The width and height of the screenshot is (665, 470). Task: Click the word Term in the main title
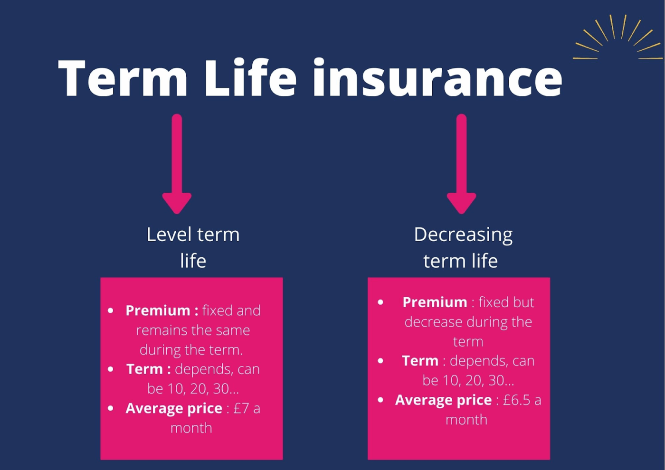(123, 78)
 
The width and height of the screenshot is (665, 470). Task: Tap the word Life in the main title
(250, 76)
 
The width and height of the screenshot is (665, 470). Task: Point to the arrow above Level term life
(177, 164)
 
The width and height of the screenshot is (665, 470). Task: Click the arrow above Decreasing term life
(461, 164)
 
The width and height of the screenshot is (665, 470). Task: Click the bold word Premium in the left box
(158, 310)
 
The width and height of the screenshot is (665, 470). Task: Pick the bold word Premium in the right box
(435, 302)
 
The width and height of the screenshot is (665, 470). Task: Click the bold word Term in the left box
(144, 369)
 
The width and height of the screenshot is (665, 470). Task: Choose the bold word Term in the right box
(420, 361)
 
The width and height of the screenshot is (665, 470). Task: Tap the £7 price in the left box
(241, 408)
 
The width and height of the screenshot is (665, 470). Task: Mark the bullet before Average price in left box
(110, 409)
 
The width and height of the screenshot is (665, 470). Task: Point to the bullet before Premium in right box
(380, 302)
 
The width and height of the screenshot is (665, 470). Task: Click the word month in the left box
(191, 428)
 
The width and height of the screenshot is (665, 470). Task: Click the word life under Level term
(193, 261)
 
